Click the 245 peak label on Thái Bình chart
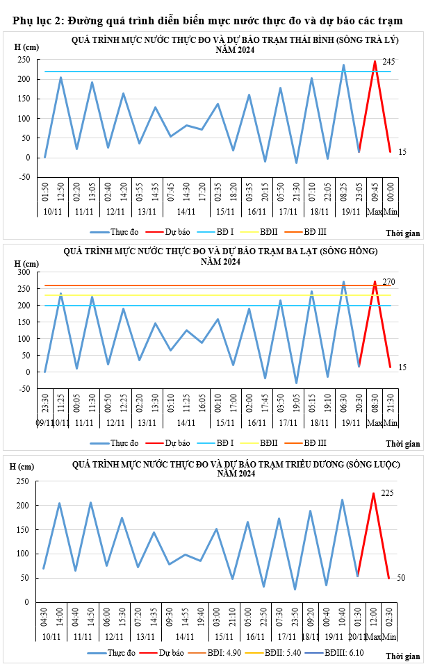388,62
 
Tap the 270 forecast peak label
388,281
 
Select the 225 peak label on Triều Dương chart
387,492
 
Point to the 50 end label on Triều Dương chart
401,578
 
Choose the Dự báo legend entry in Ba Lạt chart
177,442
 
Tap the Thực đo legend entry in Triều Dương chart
120,653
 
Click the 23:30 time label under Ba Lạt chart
45,408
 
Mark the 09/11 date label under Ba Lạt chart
42,422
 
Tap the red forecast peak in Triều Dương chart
374,493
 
